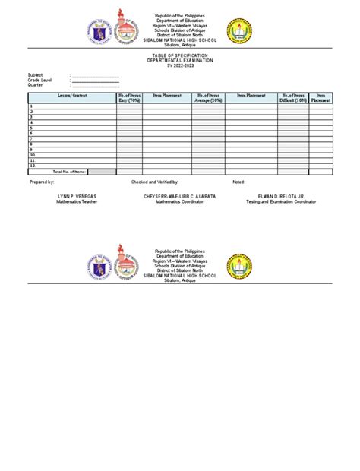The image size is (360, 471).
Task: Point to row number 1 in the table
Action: pos(31,106)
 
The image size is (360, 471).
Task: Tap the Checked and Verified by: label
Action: pos(155,183)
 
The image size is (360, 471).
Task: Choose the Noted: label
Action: pos(239,183)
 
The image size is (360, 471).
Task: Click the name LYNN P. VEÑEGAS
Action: pos(77,196)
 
